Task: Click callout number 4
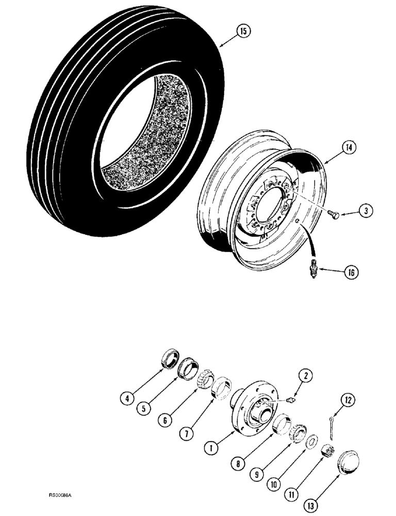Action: pyautogui.click(x=124, y=398)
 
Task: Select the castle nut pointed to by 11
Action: pyautogui.click(x=327, y=450)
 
